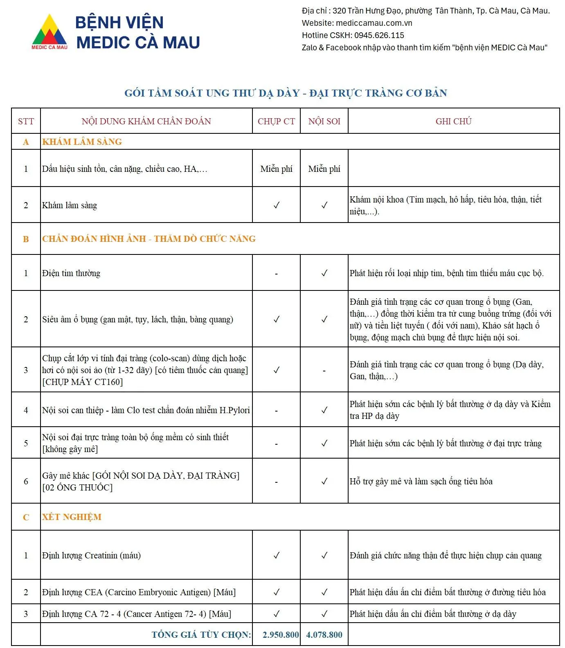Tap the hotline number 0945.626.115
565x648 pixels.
379,35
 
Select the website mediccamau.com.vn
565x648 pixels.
374,23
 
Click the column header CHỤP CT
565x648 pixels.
276,121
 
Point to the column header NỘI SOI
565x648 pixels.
324,121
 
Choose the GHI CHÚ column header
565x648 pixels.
453,121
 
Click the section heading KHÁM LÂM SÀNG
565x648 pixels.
82,142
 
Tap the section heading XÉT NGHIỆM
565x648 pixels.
72,517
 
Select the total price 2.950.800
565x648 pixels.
281,634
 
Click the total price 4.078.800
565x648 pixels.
324,634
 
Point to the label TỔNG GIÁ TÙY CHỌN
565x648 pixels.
201,634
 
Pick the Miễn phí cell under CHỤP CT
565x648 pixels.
276,169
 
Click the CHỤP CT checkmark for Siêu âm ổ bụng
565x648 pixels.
277,319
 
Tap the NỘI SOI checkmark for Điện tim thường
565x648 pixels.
324,273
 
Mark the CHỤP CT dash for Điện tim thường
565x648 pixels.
277,274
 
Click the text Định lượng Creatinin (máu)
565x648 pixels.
91,555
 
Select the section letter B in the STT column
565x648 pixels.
26,239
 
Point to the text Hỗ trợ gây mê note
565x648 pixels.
421,481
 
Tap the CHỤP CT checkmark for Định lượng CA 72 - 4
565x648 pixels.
277,614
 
